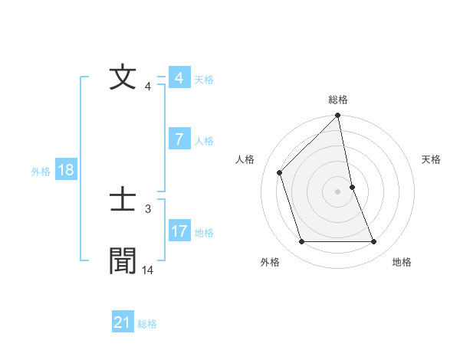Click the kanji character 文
123,77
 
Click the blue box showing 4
179,78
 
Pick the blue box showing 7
179,139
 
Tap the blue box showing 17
179,231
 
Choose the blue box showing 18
65,170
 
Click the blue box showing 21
122,322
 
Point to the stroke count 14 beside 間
148,270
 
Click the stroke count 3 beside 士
148,208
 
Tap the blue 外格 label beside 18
41,172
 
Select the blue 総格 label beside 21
147,324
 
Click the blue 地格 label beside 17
204,233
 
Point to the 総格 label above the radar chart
338,100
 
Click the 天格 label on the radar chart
432,159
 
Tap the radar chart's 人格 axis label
245,159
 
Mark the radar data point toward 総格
338,116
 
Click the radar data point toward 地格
374,242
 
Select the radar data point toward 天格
352,187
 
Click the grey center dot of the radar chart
338,191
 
